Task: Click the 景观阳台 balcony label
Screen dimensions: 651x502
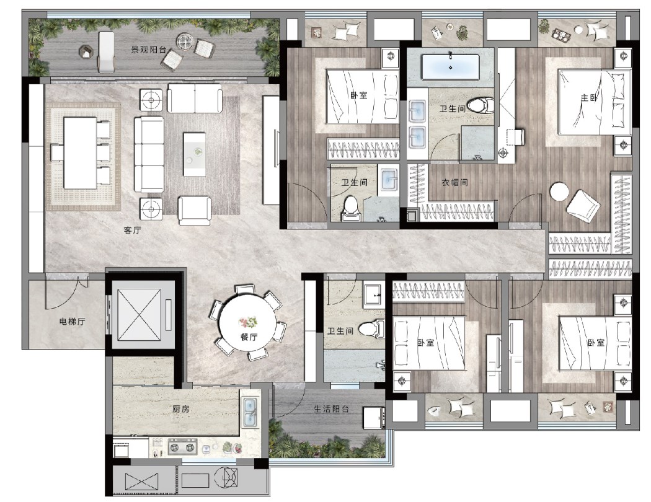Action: click(148, 50)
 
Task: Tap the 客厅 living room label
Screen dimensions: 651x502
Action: click(133, 231)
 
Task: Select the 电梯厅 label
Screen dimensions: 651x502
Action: click(73, 321)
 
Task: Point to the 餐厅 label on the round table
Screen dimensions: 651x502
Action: click(249, 337)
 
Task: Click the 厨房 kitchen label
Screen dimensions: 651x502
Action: click(180, 409)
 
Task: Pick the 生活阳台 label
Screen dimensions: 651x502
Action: click(331, 409)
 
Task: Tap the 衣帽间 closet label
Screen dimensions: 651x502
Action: click(454, 182)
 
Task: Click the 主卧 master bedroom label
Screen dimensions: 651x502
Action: click(589, 98)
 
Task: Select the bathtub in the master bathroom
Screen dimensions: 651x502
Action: click(451, 67)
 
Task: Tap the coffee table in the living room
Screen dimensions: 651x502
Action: click(194, 154)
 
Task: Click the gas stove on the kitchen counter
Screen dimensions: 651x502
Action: click(182, 447)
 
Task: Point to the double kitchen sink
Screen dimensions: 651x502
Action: click(250, 412)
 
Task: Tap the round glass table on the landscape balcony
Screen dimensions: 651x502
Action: click(184, 41)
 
